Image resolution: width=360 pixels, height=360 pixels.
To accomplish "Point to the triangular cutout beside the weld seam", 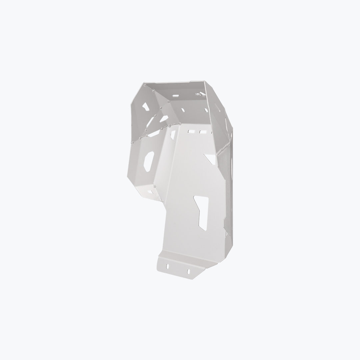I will [x=210, y=158].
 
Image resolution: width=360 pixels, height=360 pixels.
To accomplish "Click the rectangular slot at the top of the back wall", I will [x=175, y=97].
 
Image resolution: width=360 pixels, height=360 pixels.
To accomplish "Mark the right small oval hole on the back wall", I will [x=206, y=110].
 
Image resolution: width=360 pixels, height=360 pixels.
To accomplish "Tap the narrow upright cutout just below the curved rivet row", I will [x=173, y=134].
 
